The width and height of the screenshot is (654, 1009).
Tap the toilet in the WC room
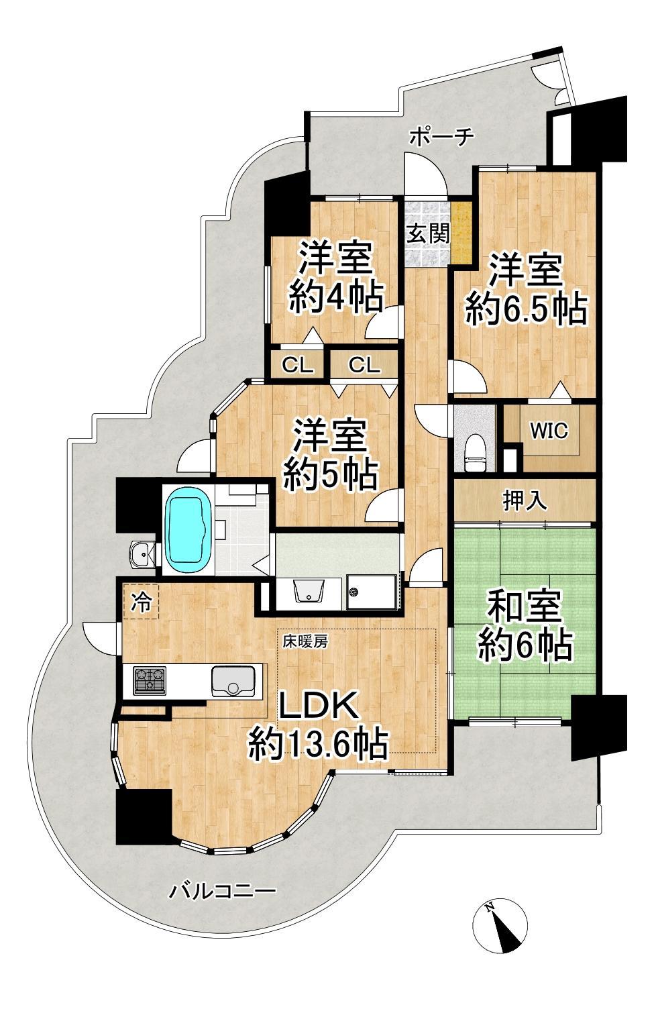[475, 453]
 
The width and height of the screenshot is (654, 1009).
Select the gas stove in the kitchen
[150, 680]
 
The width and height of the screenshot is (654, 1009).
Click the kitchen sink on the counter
[232, 680]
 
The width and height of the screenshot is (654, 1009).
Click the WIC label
[549, 431]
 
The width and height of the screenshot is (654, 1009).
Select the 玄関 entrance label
[427, 233]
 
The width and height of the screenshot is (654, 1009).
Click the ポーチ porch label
[442, 136]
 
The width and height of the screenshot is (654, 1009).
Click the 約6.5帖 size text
[527, 310]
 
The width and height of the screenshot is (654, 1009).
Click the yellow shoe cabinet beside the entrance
[461, 233]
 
